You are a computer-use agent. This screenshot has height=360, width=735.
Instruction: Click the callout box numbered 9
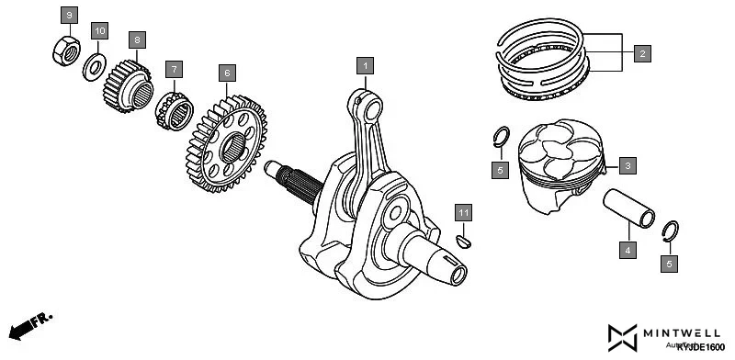(71, 15)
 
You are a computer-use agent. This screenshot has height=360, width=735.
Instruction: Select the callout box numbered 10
(100, 31)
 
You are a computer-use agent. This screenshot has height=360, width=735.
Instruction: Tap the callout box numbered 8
(136, 40)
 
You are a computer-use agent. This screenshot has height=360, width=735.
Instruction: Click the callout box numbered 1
(366, 65)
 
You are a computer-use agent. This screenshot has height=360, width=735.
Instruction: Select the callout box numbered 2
(641, 53)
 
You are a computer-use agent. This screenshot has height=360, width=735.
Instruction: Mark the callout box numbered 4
(628, 249)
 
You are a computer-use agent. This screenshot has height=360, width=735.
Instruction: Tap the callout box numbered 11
(465, 213)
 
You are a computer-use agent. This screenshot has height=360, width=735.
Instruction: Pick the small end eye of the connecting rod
(373, 109)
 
